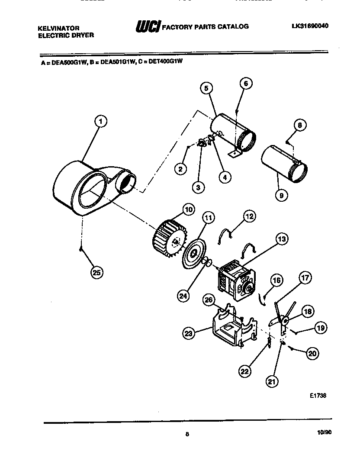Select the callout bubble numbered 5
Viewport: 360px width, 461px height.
206,88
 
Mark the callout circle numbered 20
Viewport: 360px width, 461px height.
312,354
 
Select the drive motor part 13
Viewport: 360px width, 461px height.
236,280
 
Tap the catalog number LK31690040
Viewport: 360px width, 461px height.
310,26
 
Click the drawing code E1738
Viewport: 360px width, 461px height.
318,395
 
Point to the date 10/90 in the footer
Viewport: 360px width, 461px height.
324,432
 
